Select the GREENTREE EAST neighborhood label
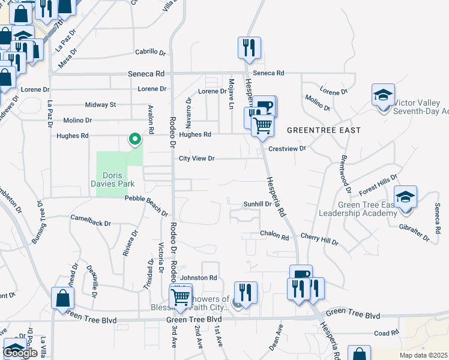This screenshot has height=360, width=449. point(324,130)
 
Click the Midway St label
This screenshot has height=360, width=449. point(100,104)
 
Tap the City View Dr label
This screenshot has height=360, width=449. point(197,159)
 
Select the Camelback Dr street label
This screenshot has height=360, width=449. point(91,223)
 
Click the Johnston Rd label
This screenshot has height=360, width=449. point(199,278)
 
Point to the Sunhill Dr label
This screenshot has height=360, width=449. point(258,204)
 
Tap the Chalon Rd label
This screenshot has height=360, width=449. point(274,233)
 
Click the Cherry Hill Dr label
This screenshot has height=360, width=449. point(319,240)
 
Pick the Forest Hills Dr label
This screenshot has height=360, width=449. point(378,184)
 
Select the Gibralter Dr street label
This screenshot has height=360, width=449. point(414,233)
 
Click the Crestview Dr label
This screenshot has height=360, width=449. point(288,148)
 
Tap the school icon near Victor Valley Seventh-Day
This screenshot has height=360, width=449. point(383,95)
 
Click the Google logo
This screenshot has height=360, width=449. point(20,353)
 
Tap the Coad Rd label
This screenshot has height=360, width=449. point(386,333)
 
